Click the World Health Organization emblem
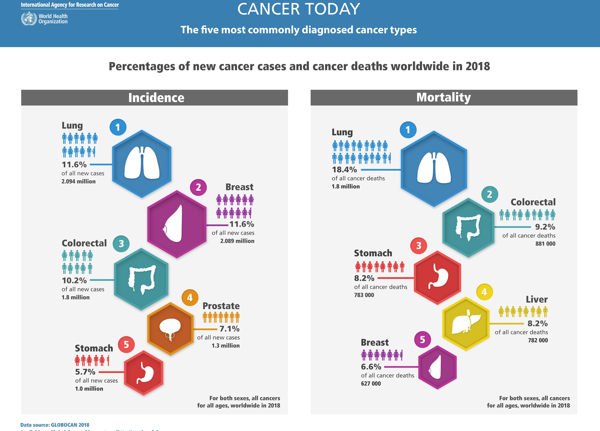(x=29, y=19)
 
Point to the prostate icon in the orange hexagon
(x=170, y=328)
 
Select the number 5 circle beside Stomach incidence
(x=126, y=345)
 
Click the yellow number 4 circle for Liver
(x=484, y=292)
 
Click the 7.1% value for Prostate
(x=229, y=329)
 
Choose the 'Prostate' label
(x=221, y=306)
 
